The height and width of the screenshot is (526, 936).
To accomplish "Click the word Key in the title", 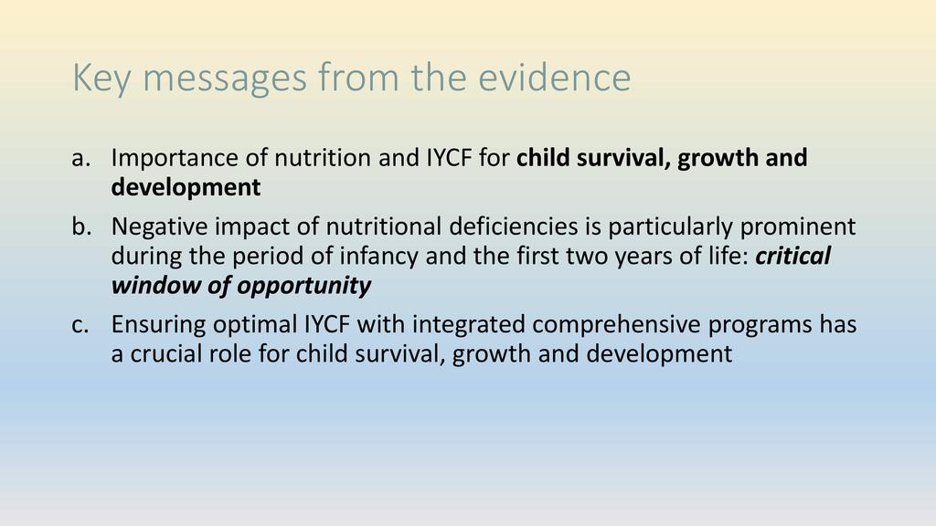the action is pyautogui.click(x=101, y=79).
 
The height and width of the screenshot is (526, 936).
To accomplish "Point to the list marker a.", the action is pyautogui.click(x=81, y=159).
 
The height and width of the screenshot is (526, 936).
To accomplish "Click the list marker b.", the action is pyautogui.click(x=81, y=226).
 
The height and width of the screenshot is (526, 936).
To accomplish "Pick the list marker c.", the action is pyautogui.click(x=80, y=325).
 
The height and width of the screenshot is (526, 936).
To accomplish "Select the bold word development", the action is pyautogui.click(x=186, y=188).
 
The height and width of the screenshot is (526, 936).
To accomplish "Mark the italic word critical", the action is pyautogui.click(x=793, y=256).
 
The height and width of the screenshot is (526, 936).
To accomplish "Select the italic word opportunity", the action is pyautogui.click(x=303, y=286).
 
